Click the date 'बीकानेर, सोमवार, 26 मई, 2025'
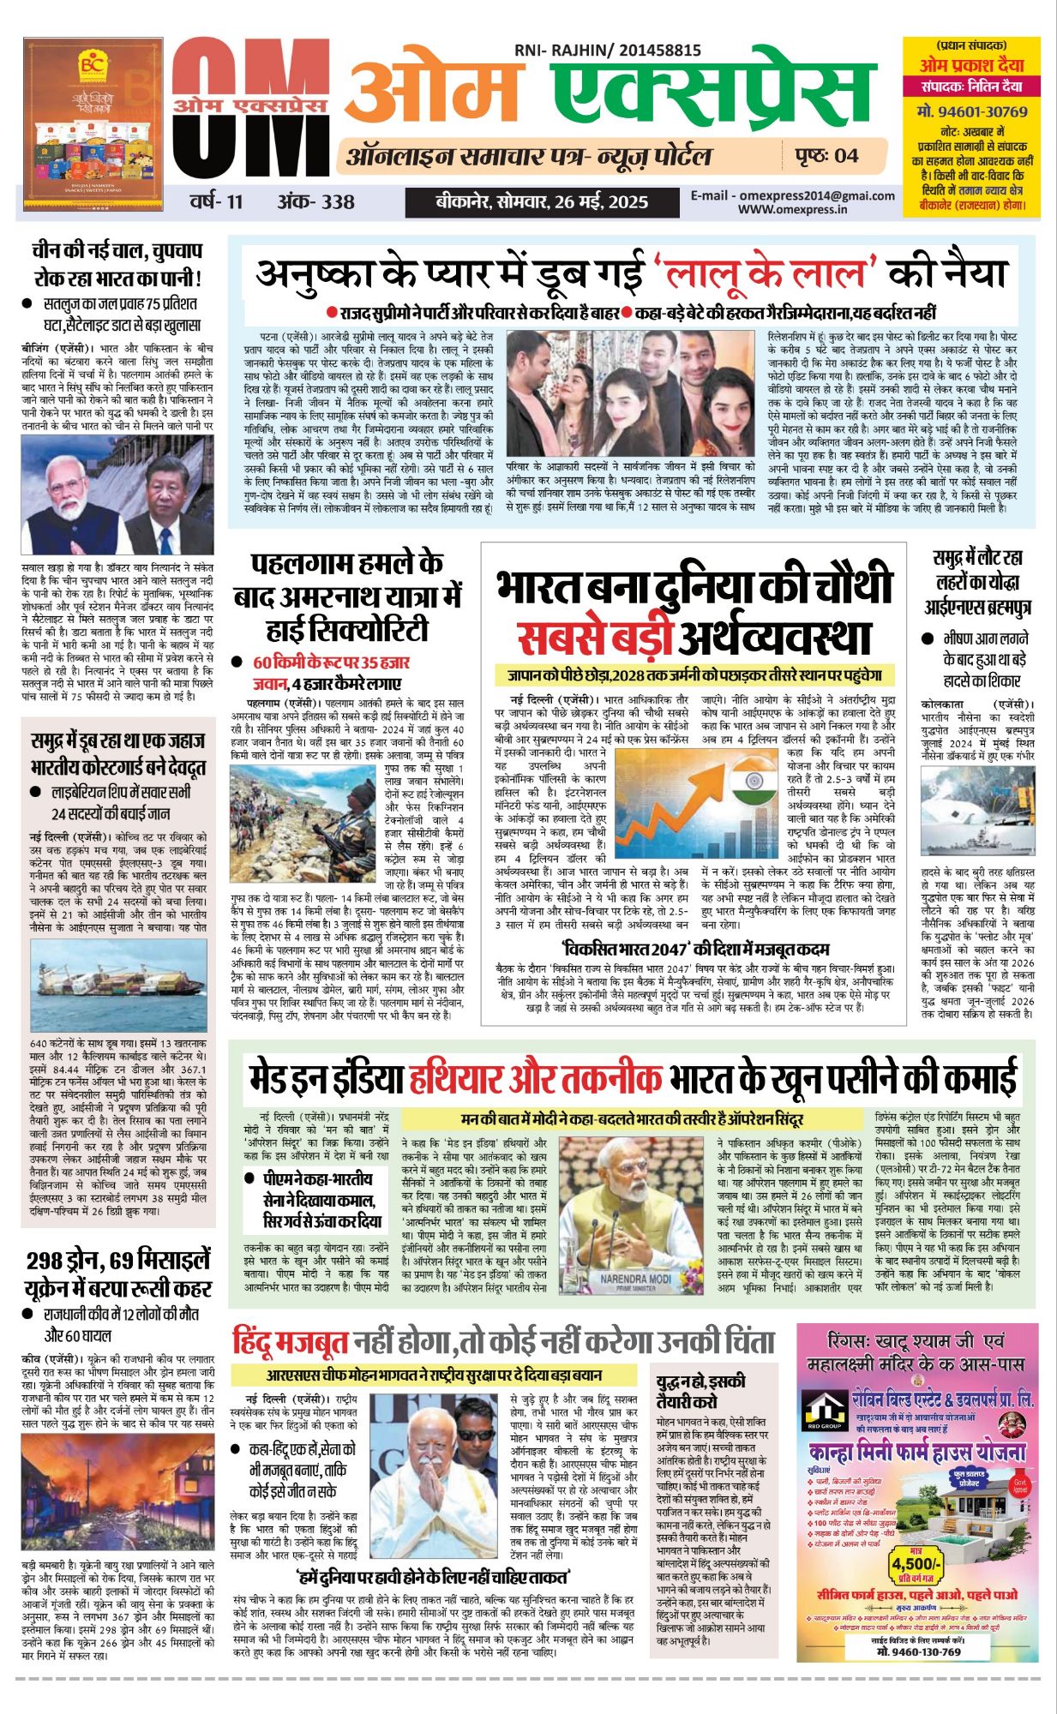(x=541, y=202)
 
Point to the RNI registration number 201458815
(x=657, y=51)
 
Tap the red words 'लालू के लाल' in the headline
(x=763, y=273)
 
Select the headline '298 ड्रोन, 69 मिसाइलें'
(x=117, y=1261)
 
